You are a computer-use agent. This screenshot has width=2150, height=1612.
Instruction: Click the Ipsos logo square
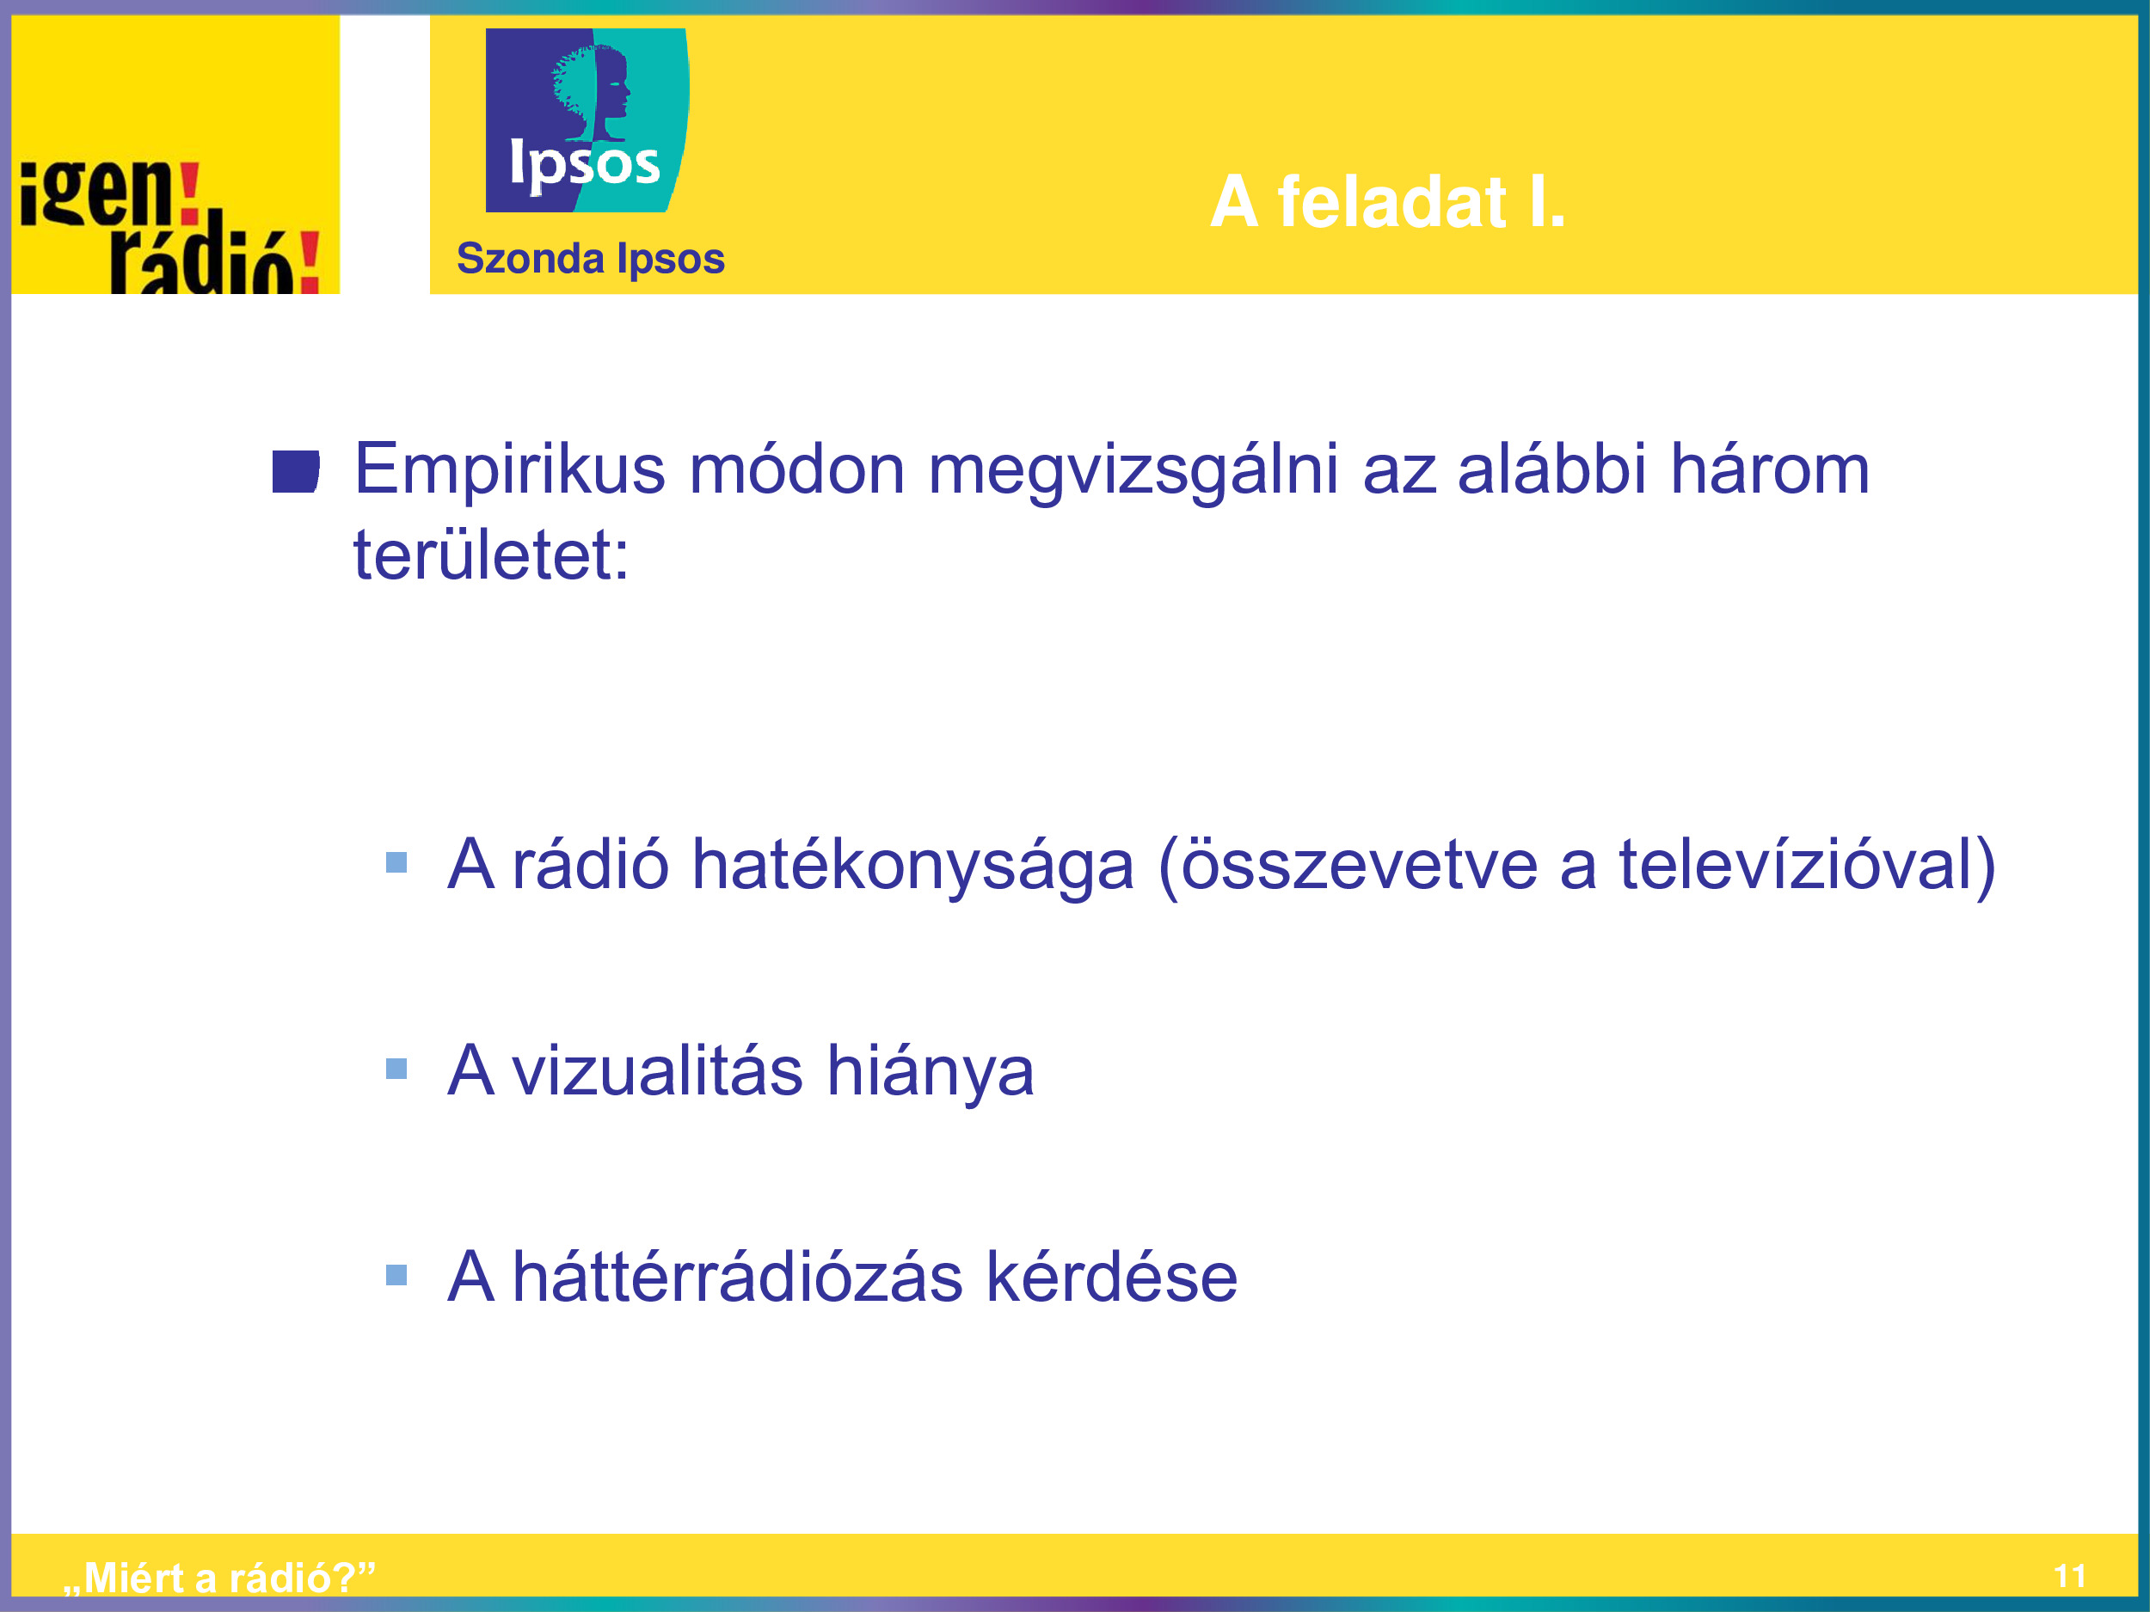(x=587, y=120)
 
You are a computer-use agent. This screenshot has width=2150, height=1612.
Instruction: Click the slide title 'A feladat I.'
(x=1388, y=201)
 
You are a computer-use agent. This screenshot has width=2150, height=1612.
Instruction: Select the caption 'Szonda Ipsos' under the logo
(x=591, y=259)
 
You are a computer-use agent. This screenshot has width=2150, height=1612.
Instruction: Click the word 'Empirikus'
(x=509, y=470)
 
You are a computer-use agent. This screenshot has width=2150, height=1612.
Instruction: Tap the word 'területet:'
(x=491, y=555)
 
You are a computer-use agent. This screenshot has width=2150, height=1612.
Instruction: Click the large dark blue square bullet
(x=296, y=471)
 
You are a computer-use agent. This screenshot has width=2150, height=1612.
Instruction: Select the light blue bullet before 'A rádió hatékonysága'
(x=396, y=861)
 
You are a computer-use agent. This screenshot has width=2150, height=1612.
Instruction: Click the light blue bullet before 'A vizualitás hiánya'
(x=396, y=1069)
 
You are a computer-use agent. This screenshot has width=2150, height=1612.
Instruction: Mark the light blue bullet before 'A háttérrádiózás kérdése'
(x=396, y=1275)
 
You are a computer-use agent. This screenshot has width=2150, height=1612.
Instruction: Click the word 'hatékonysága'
(x=912, y=866)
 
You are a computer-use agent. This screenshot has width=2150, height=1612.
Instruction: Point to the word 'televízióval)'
(x=1807, y=865)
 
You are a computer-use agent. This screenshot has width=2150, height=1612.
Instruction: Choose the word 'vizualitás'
(x=657, y=1070)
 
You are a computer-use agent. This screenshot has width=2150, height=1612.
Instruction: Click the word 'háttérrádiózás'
(x=738, y=1276)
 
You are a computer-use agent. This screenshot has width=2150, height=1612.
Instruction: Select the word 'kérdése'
(x=1112, y=1276)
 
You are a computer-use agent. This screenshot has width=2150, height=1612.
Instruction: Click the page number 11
(x=2070, y=1576)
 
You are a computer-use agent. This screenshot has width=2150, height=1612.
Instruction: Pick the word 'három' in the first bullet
(x=1770, y=470)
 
